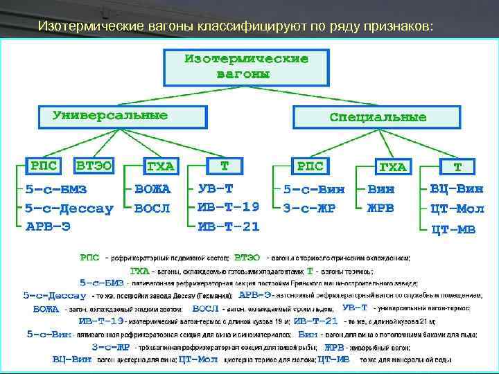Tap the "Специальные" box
point(378,116)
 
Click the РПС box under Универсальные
point(40,166)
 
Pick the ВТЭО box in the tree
point(94,166)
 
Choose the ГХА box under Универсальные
point(160,167)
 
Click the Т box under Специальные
point(457,167)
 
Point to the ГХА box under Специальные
point(392,167)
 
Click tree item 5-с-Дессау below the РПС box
point(69,207)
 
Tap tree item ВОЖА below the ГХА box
point(152,188)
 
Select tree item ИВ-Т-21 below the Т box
point(229,226)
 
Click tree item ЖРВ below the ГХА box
point(380,207)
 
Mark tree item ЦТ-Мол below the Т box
point(457,208)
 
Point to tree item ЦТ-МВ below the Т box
point(453,229)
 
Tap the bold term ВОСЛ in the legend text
point(206,308)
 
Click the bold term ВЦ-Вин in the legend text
point(72,359)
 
